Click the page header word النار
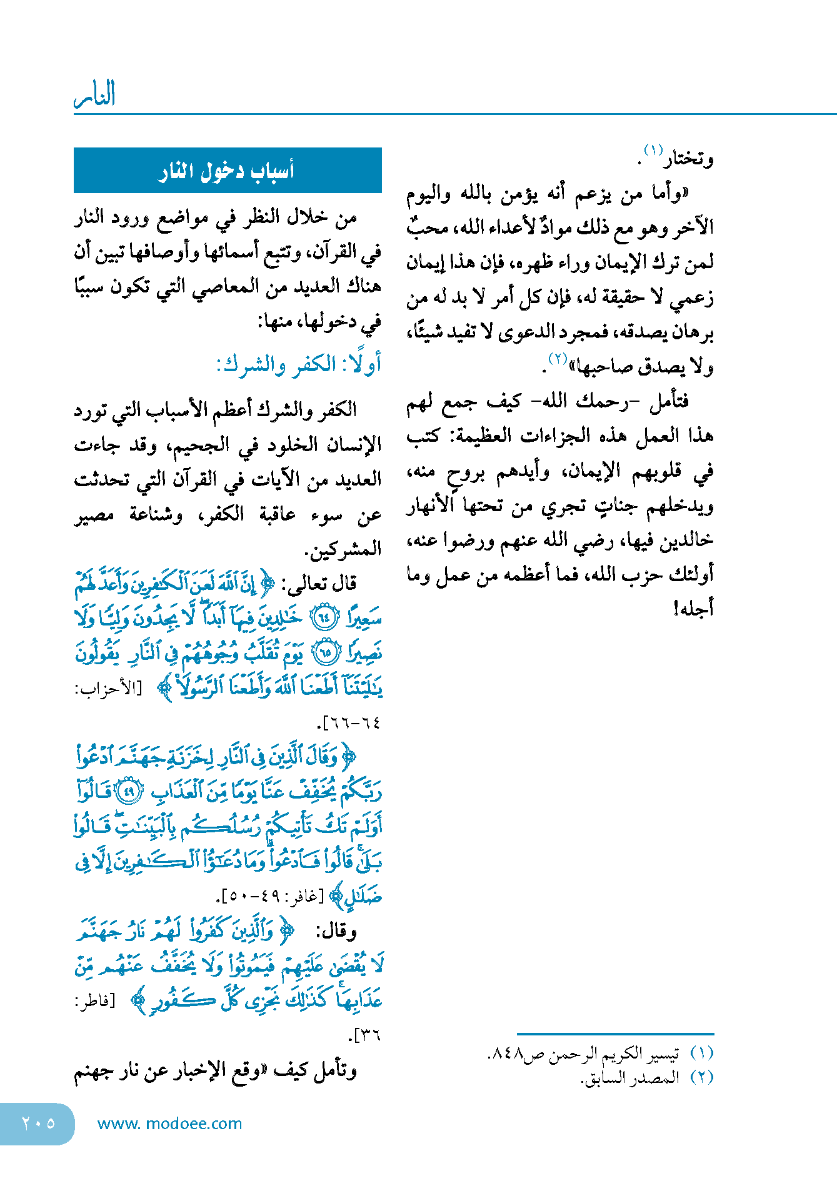(94, 96)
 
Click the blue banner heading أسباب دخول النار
(227, 171)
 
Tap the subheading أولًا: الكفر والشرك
(298, 364)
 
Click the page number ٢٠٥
(38, 1124)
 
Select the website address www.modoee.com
(169, 1124)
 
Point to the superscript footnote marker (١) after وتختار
(653, 150)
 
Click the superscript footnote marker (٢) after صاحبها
(557, 358)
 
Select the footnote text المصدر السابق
(630, 1078)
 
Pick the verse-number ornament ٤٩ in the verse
(131, 791)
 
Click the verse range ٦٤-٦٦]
(349, 723)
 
